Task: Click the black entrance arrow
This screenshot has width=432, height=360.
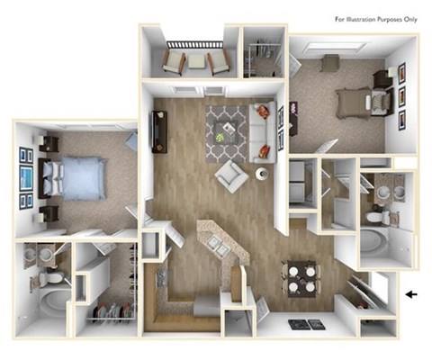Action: pyautogui.click(x=413, y=293)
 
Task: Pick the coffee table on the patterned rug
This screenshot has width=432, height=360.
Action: pyautogui.click(x=221, y=136)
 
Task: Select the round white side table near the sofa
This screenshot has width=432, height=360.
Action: pyautogui.click(x=263, y=174)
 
